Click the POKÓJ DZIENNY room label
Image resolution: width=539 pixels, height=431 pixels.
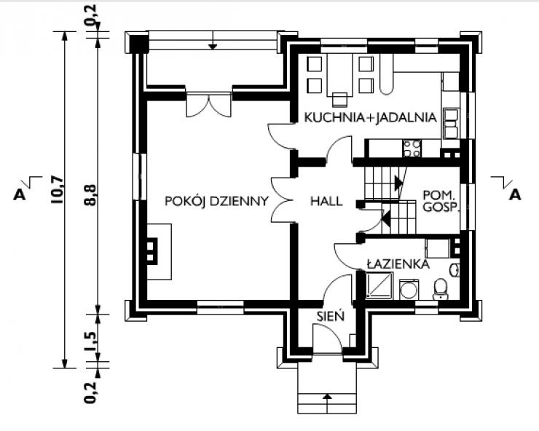(216, 201)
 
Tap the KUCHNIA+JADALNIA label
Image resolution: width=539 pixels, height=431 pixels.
(371, 117)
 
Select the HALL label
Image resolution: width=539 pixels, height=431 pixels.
(326, 201)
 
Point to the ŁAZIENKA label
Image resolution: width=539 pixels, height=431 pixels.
(398, 264)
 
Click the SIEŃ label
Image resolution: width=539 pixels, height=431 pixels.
(331, 315)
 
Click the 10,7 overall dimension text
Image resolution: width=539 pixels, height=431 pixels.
(57, 190)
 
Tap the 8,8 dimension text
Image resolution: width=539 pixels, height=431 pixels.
(90, 194)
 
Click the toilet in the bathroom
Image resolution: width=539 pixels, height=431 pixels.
(440, 289)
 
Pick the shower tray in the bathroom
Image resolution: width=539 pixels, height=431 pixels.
(379, 285)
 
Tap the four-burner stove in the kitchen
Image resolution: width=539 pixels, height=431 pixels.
(412, 148)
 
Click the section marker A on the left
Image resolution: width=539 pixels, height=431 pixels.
(20, 194)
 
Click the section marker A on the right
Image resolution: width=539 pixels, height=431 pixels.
(514, 194)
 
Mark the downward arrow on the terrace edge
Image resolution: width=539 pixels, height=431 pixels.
(213, 40)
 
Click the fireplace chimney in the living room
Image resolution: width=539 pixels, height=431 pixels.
(152, 252)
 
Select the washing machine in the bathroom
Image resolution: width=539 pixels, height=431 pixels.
(409, 290)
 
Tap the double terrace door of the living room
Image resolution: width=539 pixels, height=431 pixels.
(208, 105)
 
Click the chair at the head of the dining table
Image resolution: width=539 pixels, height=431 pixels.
(340, 99)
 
